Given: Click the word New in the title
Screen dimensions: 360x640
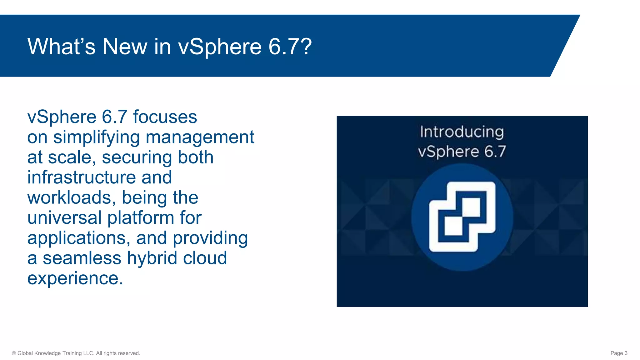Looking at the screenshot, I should coord(125,47).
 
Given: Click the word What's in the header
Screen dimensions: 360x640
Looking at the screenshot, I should coord(61,47).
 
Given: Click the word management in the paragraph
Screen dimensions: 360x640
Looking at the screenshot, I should coord(200,137).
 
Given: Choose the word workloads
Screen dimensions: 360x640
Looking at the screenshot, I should coord(71,198).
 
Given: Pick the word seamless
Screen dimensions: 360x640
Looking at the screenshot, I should coord(82,258).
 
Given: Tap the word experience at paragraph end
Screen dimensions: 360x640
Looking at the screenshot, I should coord(75,278).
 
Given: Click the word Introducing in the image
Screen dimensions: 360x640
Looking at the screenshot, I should coord(462,132).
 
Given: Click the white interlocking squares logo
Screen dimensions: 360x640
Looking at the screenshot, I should coord(462,217).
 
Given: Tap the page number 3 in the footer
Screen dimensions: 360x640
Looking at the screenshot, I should coord(626,353).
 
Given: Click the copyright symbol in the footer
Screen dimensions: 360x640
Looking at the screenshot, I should coord(14,353).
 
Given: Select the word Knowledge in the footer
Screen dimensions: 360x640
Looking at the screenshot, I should coord(47,353).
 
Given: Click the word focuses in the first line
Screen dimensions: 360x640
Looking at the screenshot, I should coord(165,117).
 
